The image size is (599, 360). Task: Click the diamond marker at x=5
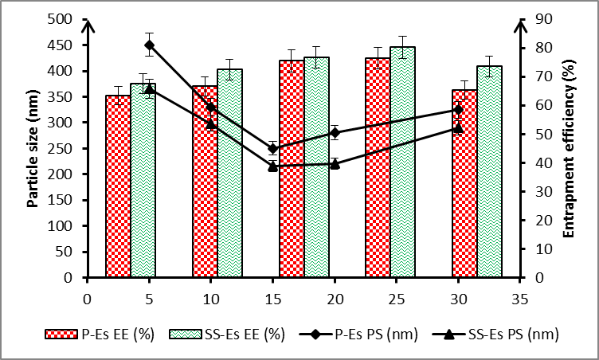(x=150, y=45)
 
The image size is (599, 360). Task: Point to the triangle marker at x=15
(x=272, y=166)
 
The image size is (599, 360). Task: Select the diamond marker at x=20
(x=335, y=132)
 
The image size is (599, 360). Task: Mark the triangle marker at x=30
(x=458, y=127)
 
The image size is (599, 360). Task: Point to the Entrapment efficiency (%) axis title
(x=569, y=148)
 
